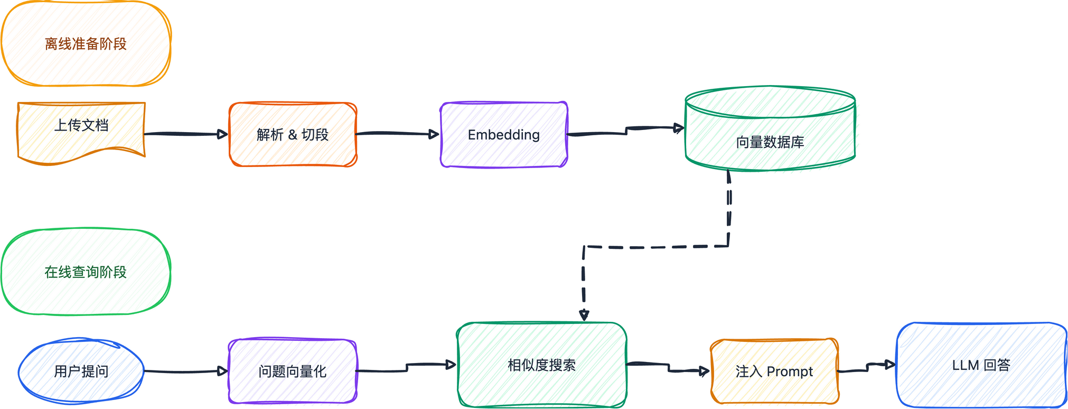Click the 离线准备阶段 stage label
[86, 44]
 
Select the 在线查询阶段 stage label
[86, 272]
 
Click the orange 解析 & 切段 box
[293, 135]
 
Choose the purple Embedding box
[504, 135]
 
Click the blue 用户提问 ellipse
[81, 371]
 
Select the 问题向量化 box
[293, 371]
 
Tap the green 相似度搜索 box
[542, 365]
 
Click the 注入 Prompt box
[774, 371]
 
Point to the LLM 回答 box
[981, 365]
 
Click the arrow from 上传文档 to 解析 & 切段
[185, 134]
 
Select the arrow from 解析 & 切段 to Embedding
[396, 133]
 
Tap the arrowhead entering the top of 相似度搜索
[584, 315]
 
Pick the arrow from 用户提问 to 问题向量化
[185, 371]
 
